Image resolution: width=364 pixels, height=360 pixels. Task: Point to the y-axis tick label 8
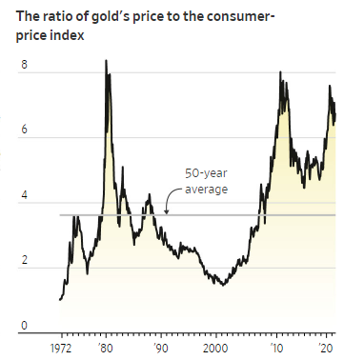click(x=23, y=66)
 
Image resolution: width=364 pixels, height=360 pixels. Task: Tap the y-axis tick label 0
click(x=23, y=326)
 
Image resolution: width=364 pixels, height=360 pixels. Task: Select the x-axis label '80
click(x=107, y=349)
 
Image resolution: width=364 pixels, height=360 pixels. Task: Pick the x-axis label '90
click(x=163, y=349)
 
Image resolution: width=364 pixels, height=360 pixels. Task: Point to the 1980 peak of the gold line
click(x=105, y=61)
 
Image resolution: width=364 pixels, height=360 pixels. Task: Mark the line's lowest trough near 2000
click(x=222, y=285)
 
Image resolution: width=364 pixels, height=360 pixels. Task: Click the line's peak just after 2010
click(x=280, y=72)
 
